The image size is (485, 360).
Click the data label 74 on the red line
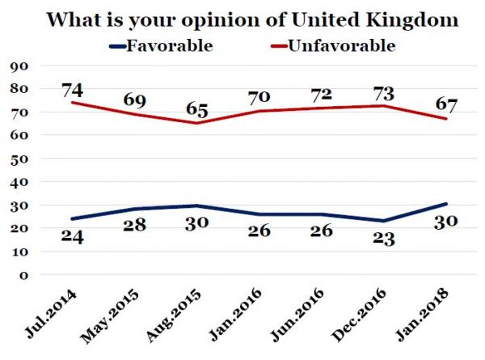(x=74, y=87)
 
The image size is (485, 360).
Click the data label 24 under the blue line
(x=73, y=239)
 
